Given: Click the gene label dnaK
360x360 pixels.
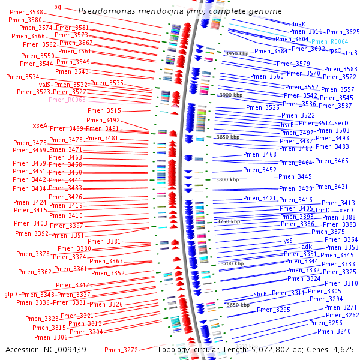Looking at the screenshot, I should coord(298,24).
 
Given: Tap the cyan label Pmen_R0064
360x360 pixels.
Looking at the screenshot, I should coord(329,41).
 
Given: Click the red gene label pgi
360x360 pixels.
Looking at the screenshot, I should coord(58,7).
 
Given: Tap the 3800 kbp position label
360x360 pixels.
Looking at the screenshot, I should coord(227,179).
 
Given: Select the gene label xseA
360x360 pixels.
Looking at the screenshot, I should coord(40,125).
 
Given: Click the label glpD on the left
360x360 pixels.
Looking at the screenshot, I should coord(11,295).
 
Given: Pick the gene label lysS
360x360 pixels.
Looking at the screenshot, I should coord(287,240).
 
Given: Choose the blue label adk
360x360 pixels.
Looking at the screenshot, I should coord(307,247).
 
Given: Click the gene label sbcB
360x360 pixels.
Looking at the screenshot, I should coord(260,294).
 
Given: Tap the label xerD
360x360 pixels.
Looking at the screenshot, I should coord(346,210).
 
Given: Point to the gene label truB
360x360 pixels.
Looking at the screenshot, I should coord(352,52).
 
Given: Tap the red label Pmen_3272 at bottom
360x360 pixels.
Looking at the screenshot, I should coord(121,350).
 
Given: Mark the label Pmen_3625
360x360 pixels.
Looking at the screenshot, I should coord(343,32).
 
